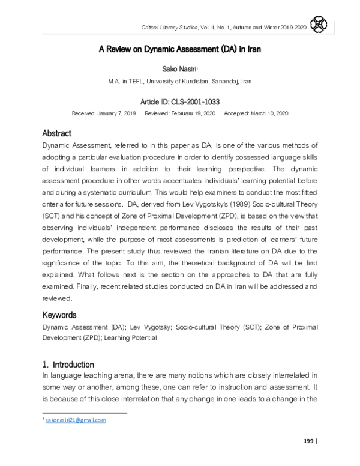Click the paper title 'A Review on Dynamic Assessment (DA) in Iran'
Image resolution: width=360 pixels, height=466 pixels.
tap(179, 50)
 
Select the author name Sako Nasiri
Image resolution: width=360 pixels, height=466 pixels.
tap(179, 70)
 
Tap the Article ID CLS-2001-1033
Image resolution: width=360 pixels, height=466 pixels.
tap(179, 102)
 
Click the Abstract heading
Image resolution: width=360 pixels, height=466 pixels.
tap(57, 133)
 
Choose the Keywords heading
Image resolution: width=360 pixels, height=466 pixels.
tap(60, 315)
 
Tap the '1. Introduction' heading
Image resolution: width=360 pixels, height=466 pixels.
tap(68, 364)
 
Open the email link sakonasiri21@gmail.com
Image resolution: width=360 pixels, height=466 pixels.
tap(76, 420)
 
